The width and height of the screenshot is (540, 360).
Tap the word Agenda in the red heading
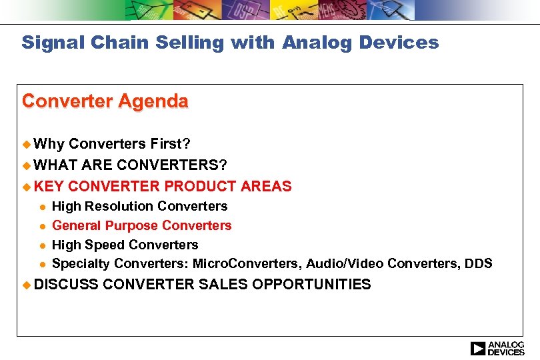point(154,101)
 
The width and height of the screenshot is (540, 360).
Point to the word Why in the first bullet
point(49,143)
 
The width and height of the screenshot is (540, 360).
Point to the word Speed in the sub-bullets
point(103,245)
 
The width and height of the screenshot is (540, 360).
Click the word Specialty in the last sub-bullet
point(79,264)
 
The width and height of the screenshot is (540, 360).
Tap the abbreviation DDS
point(479,264)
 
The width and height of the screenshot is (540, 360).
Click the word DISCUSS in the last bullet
point(65,285)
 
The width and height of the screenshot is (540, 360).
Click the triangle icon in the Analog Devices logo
point(478,348)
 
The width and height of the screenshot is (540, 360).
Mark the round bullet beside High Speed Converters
point(41,245)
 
